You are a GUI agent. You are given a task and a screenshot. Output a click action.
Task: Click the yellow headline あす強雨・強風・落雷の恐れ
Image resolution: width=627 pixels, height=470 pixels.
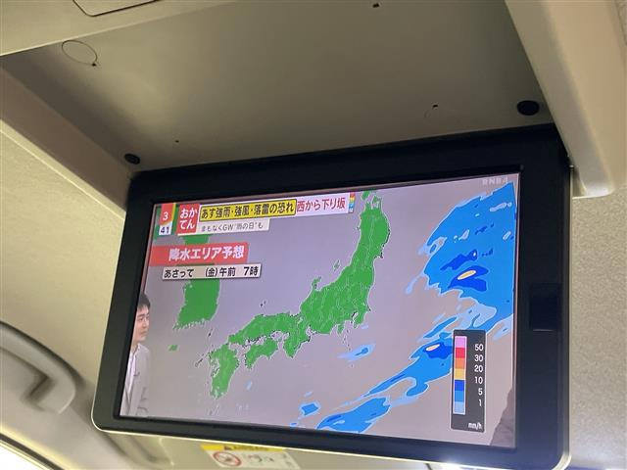pos(248,209)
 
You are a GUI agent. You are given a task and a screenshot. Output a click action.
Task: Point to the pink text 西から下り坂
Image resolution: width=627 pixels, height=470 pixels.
pos(321,204)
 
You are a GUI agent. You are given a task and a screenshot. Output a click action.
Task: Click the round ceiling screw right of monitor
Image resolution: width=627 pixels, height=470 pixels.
pos(527,107)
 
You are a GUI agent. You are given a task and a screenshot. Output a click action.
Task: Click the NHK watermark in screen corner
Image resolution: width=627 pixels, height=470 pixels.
pos(495,181)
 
